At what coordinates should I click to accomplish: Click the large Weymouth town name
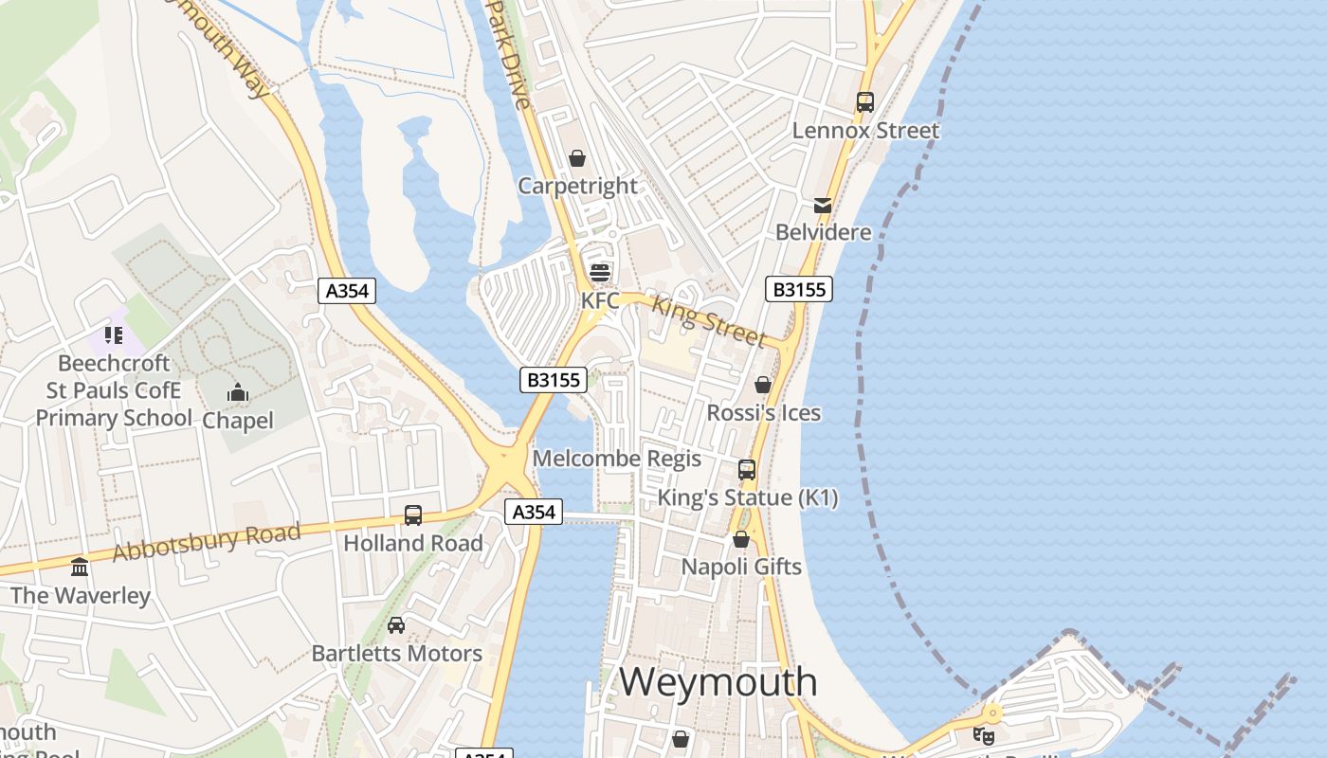[718, 682]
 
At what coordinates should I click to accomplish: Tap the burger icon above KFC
[599, 273]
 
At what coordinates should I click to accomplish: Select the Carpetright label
[577, 186]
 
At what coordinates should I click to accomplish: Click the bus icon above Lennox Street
[864, 102]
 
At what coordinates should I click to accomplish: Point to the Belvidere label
[823, 232]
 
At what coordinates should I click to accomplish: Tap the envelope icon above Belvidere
[822, 206]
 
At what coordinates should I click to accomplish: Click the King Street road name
[709, 321]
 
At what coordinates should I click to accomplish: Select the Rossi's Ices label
[764, 413]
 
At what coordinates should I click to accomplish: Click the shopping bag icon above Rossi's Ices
[762, 386]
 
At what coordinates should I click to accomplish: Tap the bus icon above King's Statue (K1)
[747, 470]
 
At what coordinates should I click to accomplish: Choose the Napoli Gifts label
[741, 567]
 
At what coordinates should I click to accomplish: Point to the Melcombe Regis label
[617, 459]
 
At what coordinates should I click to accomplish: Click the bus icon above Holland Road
[413, 515]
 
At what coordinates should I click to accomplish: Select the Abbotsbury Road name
[207, 542]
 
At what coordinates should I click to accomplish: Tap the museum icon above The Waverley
[80, 568]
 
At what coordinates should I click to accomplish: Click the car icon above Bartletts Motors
[396, 625]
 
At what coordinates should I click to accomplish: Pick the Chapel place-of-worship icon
[237, 392]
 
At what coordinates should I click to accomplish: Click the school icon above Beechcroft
[114, 335]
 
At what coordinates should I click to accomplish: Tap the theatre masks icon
[984, 734]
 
